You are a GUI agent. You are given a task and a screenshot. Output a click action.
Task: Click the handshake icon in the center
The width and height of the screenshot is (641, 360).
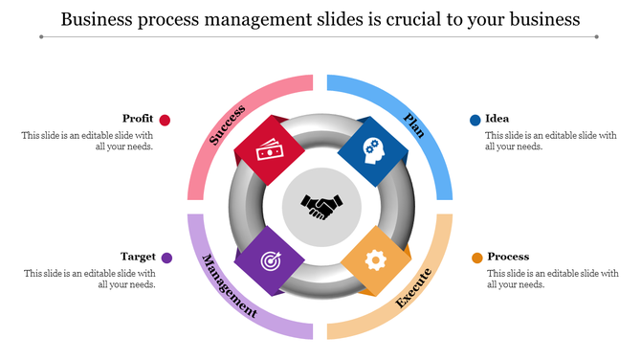pyautogui.click(x=321, y=207)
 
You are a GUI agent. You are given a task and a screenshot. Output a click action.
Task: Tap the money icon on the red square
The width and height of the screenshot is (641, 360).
pyautogui.click(x=269, y=151)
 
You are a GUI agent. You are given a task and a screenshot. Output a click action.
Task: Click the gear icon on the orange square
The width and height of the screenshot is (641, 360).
pyautogui.click(x=375, y=259)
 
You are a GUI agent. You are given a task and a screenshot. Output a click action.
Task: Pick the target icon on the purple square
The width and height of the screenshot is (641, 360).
pyautogui.click(x=271, y=260)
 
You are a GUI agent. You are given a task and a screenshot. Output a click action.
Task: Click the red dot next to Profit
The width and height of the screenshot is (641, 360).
pyautogui.click(x=166, y=120)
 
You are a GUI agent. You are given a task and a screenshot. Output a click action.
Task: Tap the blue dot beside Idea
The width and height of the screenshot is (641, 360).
pyautogui.click(x=475, y=120)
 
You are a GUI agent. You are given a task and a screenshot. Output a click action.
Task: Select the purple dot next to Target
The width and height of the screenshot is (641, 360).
pyautogui.click(x=166, y=258)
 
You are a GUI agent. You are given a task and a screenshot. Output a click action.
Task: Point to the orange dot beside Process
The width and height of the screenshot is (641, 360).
pyautogui.click(x=475, y=258)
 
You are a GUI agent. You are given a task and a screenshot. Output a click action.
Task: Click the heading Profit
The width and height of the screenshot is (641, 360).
pyautogui.click(x=138, y=119)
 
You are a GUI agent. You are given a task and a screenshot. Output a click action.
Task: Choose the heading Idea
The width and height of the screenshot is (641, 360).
pyautogui.click(x=497, y=119)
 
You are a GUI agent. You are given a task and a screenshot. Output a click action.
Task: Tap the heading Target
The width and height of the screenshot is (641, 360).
pyautogui.click(x=138, y=257)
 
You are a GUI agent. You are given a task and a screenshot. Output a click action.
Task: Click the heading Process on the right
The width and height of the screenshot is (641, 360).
pyautogui.click(x=508, y=257)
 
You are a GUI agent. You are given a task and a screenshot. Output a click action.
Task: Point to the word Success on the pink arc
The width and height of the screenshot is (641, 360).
pyautogui.click(x=228, y=124)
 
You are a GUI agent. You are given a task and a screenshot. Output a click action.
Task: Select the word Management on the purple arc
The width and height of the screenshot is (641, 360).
pyautogui.click(x=229, y=285)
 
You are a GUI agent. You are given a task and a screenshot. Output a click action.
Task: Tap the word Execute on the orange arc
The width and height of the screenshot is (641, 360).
pyautogui.click(x=413, y=287)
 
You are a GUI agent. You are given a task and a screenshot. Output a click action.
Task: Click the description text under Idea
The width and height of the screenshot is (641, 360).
pyautogui.click(x=551, y=141)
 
